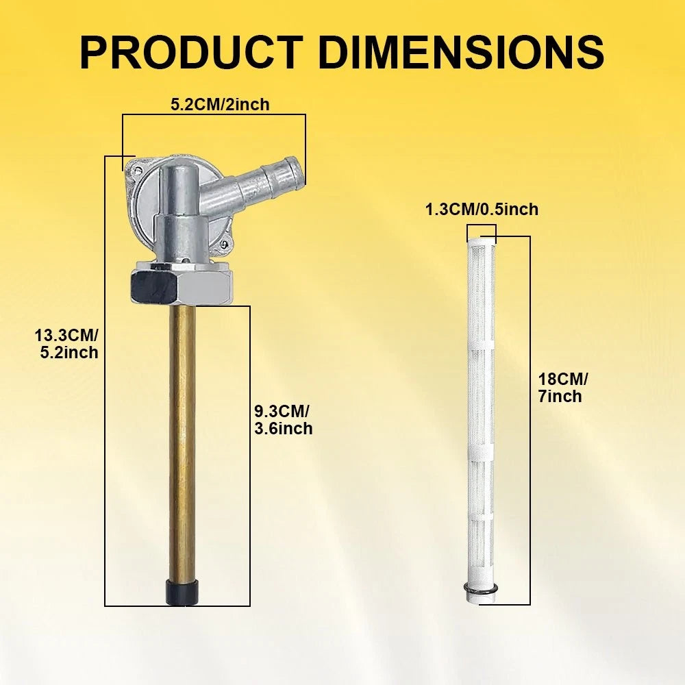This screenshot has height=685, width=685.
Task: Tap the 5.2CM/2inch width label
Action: tap(220, 105)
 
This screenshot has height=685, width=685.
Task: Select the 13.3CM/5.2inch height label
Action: tap(67, 344)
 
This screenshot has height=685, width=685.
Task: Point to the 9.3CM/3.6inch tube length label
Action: tap(284, 420)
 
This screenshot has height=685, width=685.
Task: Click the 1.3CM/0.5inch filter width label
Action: tap(482, 210)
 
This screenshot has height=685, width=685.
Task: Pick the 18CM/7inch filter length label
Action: tap(562, 388)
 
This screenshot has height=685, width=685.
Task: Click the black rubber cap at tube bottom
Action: tap(182, 592)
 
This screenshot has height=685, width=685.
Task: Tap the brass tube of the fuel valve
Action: tap(182, 442)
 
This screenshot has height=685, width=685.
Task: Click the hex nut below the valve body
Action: tap(182, 286)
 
